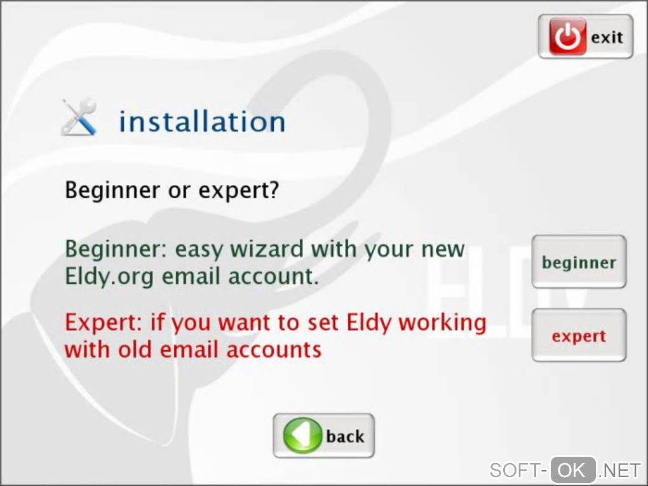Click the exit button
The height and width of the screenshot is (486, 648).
pos(585,36)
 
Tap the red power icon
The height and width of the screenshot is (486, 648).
pos(567,36)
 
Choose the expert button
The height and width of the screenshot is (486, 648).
pos(579,335)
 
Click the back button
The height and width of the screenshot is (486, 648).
pos(323,436)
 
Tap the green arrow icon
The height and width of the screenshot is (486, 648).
pos(302,436)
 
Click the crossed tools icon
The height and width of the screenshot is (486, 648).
pos(79,118)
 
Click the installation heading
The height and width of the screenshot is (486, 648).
pos(202,121)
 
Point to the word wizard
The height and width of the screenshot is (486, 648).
pos(267,249)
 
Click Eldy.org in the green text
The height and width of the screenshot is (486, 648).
pos(109,276)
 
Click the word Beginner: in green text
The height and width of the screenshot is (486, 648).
pos(116,249)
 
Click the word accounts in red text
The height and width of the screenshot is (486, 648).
pos(274,350)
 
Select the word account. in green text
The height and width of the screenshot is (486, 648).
pos(273,276)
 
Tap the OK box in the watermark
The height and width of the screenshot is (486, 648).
pos(573,470)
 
